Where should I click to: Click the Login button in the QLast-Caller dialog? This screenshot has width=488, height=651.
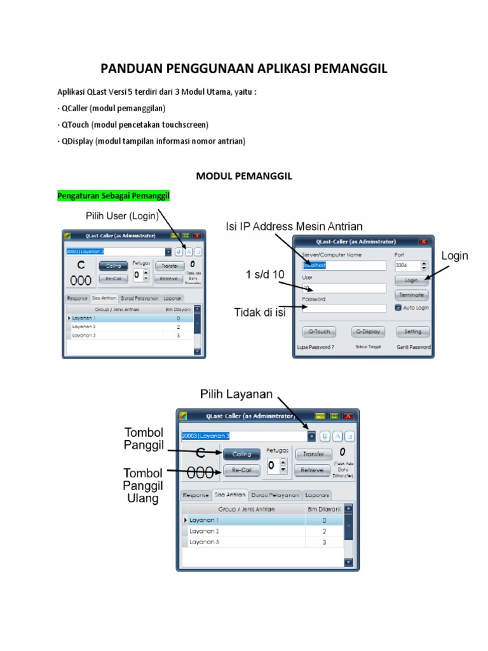pyautogui.click(x=411, y=280)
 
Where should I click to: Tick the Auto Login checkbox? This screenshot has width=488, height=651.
pyautogui.click(x=398, y=308)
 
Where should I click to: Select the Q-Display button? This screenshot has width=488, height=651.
pyautogui.click(x=367, y=331)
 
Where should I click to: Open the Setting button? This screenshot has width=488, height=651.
pyautogui.click(x=412, y=331)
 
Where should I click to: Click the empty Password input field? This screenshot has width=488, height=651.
pyautogui.click(x=344, y=308)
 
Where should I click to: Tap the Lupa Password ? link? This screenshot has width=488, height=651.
pyautogui.click(x=315, y=348)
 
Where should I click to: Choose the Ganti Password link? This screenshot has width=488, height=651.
pyautogui.click(x=414, y=348)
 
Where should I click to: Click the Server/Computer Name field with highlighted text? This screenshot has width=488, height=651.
pyautogui.click(x=344, y=265)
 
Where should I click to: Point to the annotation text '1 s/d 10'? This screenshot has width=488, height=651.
pyautogui.click(x=266, y=275)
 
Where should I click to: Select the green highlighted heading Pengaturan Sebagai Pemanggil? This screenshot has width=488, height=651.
pyautogui.click(x=114, y=195)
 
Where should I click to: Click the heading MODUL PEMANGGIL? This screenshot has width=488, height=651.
pyautogui.click(x=244, y=176)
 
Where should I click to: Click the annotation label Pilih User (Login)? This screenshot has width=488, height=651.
pyautogui.click(x=122, y=216)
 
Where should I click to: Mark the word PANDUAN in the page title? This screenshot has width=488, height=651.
pyautogui.click(x=132, y=69)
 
